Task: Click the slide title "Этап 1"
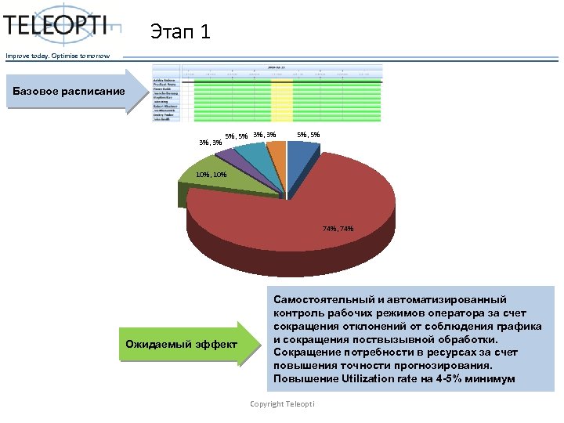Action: (x=180, y=33)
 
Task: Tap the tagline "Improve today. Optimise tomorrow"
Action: (x=58, y=55)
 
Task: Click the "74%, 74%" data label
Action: (x=338, y=229)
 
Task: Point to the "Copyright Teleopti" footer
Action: (x=282, y=403)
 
